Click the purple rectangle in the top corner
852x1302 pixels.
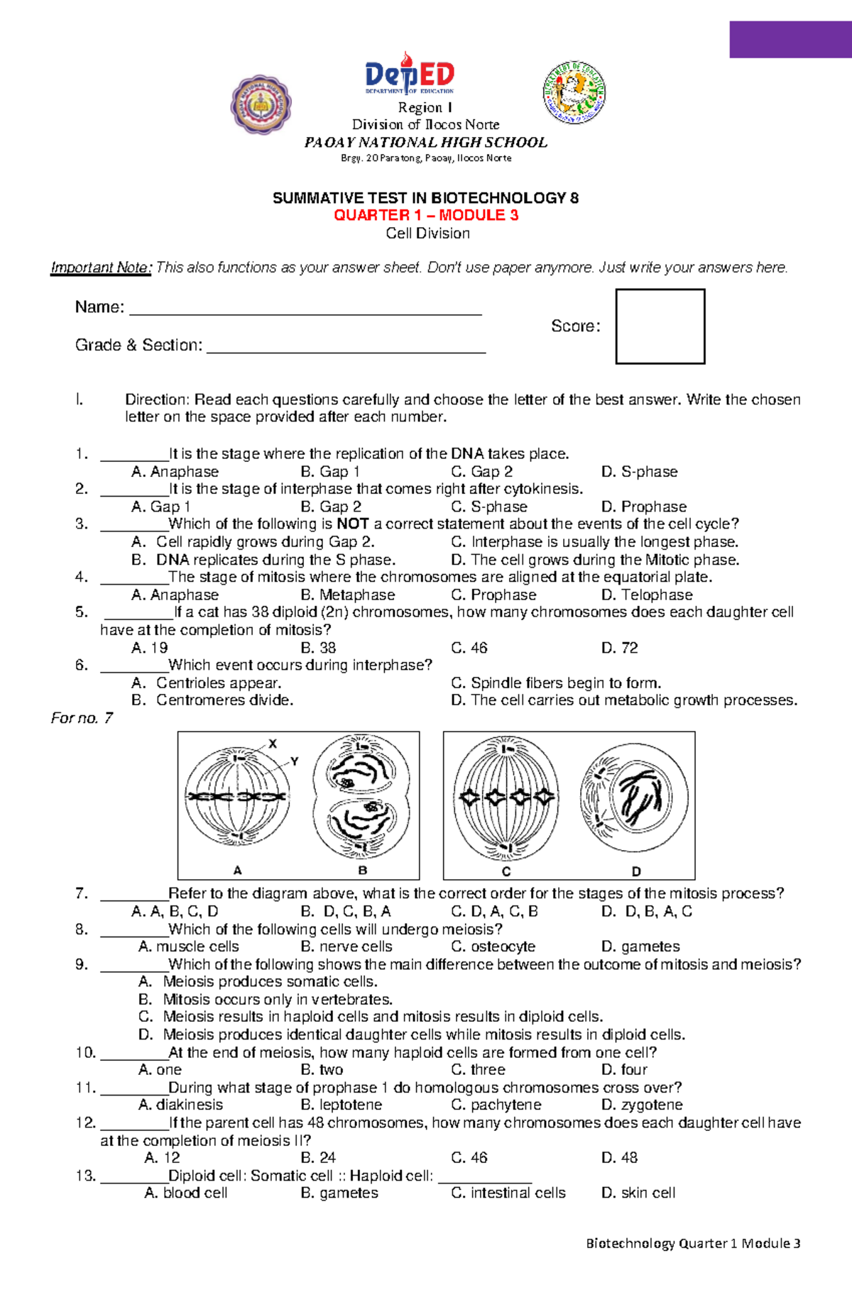pos(790,40)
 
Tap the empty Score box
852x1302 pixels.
pos(660,326)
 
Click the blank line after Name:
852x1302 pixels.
pos(305,310)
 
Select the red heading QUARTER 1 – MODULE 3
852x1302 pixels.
pos(426,215)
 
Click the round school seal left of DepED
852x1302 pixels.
pos(261,105)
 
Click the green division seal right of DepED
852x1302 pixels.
pos(574,92)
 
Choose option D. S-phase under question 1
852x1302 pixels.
pos(639,472)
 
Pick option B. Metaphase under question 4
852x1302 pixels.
pos(348,595)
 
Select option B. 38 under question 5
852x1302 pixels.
pos(318,648)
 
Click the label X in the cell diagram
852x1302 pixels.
pos(273,744)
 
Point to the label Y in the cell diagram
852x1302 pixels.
pos(294,761)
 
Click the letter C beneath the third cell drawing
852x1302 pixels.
pos(506,871)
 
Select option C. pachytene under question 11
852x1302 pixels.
pos(496,1105)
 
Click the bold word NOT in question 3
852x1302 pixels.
pos(352,524)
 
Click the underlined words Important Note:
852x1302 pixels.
pos(101,267)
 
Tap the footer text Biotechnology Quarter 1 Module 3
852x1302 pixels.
pos(693,1243)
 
